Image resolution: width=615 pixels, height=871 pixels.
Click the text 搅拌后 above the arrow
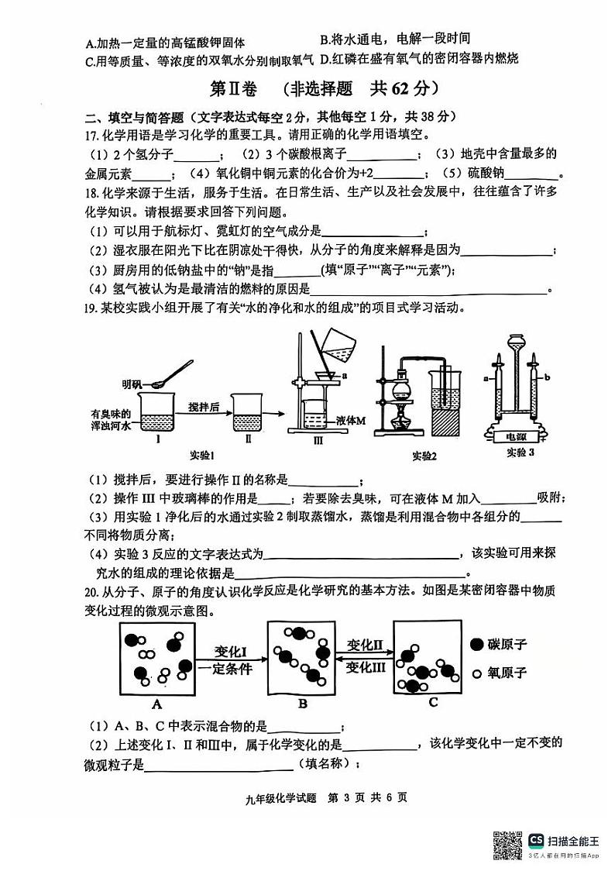[205, 405]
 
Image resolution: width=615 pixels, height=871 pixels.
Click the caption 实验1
[202, 453]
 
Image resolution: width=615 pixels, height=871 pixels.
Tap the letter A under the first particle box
[157, 704]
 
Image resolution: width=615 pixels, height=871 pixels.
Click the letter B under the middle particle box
[303, 704]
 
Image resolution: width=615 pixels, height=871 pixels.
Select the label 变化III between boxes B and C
[366, 668]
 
